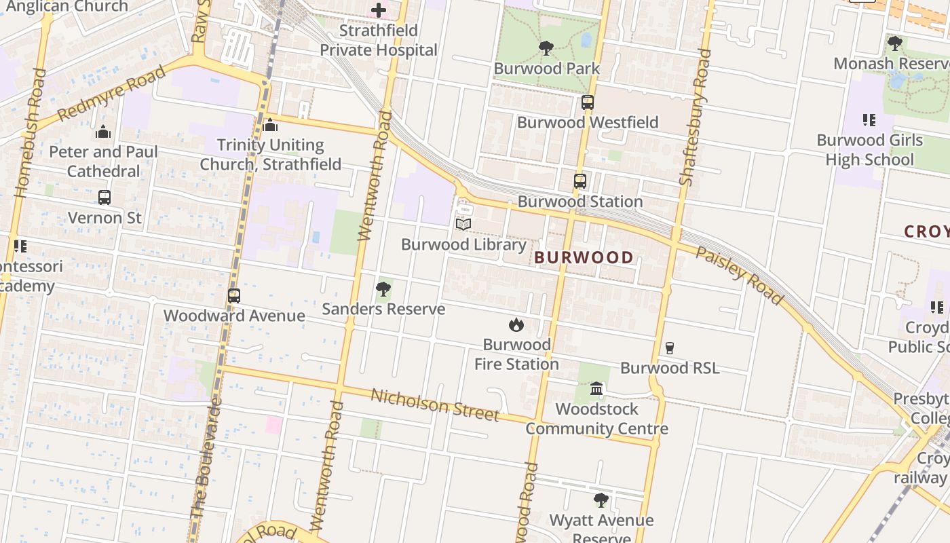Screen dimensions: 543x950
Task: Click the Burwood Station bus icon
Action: [x=579, y=181]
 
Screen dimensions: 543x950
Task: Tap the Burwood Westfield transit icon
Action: [x=588, y=102]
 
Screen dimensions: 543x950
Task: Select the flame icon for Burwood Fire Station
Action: [x=516, y=324]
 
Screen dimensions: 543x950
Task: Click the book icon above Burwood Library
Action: [x=463, y=224]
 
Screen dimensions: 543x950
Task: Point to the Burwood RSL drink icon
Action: [x=670, y=348]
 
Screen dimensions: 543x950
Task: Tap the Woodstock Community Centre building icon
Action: [x=596, y=388]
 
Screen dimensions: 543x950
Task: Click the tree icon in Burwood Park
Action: [x=546, y=48]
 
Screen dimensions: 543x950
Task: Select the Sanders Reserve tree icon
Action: [x=383, y=289]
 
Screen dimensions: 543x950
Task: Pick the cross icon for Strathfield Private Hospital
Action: [x=379, y=10]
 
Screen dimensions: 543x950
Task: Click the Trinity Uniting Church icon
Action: [x=270, y=125]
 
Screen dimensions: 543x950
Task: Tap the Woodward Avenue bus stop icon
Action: [x=234, y=296]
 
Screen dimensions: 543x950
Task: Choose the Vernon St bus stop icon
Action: [x=104, y=198]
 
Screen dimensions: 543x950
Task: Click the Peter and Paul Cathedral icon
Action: [x=103, y=132]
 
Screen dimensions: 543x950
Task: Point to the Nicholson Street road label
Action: [x=435, y=405]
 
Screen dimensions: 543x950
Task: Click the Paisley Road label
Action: [x=740, y=274]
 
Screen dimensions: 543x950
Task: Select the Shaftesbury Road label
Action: [x=696, y=117]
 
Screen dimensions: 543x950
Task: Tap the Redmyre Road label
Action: [x=112, y=94]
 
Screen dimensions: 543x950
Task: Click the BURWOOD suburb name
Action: [x=584, y=257]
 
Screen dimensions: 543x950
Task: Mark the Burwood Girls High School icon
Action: [x=869, y=120]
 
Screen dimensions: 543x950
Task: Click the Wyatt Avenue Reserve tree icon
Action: [x=601, y=500]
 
